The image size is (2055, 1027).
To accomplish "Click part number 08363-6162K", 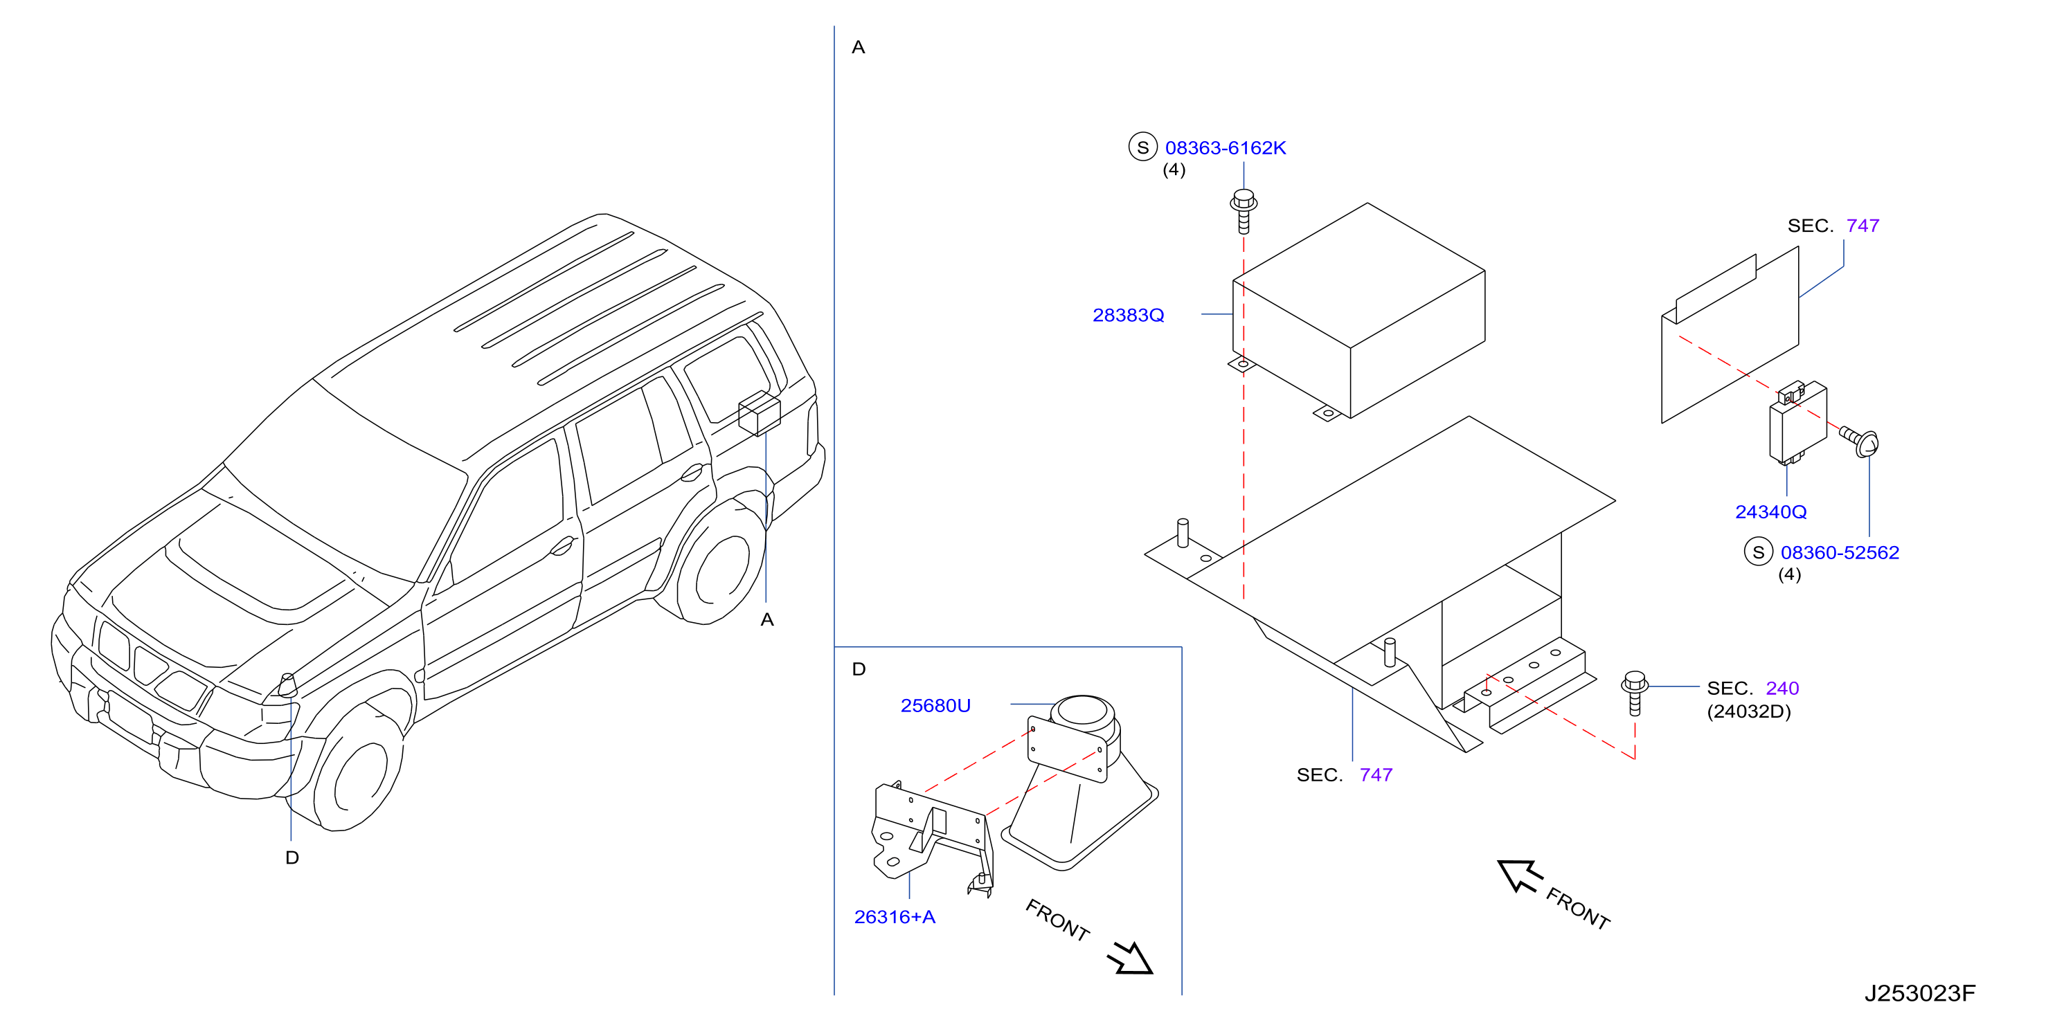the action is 1226,148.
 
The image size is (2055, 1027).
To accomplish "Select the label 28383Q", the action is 1128,316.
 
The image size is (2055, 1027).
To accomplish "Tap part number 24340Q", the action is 1770,512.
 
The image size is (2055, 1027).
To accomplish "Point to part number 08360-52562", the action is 1840,552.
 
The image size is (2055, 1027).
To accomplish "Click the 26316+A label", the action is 895,917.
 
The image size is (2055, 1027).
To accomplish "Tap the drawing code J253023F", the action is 1919,994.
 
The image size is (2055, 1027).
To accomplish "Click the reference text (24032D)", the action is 1749,711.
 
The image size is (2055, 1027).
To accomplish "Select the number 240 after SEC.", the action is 1782,688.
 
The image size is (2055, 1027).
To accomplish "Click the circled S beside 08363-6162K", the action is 1142,147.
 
